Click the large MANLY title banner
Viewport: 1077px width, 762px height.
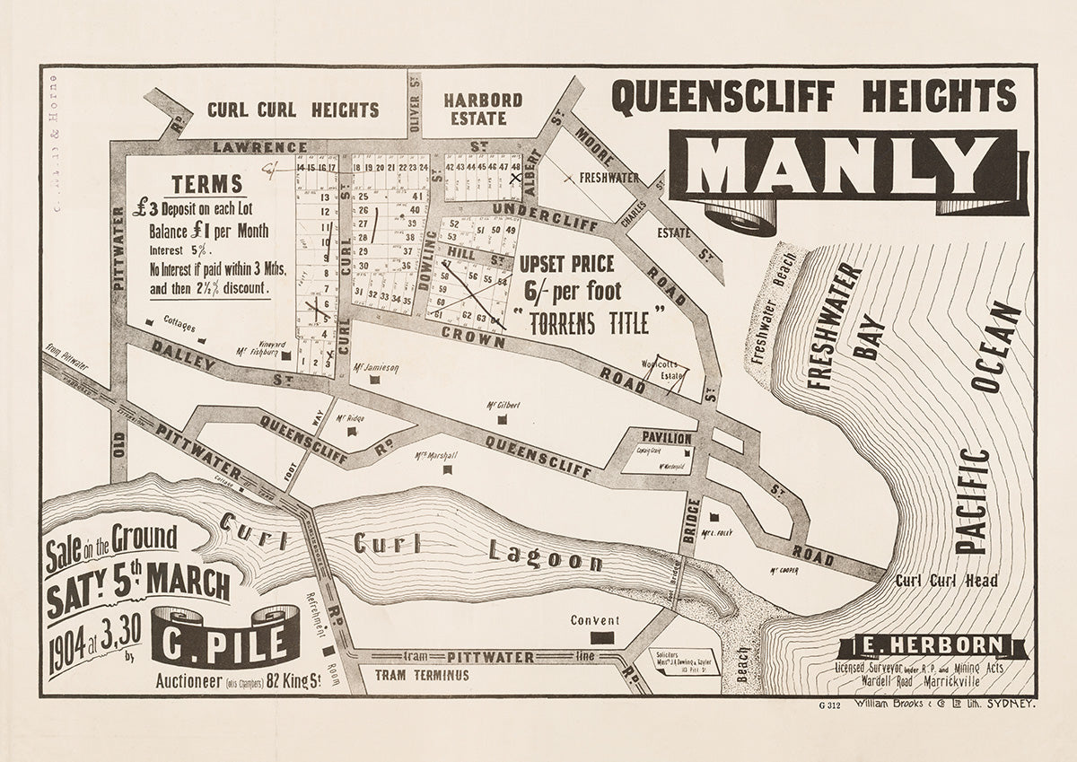tap(844, 168)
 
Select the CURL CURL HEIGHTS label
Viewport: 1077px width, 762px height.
tap(293, 110)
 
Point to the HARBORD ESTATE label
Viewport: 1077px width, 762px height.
tap(482, 109)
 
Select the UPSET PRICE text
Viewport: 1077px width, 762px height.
tap(566, 265)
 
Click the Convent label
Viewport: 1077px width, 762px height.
tap(595, 621)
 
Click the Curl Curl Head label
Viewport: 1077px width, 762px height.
tap(946, 581)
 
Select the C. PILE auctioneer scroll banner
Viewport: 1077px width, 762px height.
tap(225, 639)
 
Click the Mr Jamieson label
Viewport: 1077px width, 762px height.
tap(376, 367)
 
